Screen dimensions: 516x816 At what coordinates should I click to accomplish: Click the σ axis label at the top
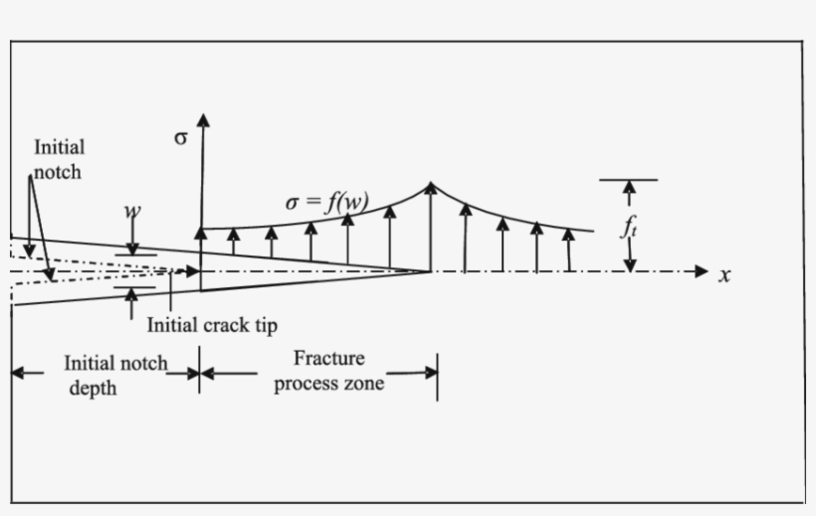point(180,138)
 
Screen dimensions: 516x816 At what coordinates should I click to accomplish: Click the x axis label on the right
point(724,275)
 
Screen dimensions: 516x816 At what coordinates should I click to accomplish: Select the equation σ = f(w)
point(326,203)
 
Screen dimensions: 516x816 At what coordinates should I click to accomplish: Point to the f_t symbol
point(629,228)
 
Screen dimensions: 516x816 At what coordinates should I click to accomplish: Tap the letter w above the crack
point(131,212)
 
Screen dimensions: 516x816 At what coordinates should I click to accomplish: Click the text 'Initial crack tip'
point(212,324)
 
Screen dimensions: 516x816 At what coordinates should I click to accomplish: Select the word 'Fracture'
point(330,359)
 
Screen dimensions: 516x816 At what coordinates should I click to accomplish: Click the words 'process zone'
point(329,384)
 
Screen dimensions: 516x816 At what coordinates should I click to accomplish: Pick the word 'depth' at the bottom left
point(93,388)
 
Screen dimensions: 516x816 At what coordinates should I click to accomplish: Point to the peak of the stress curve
point(431,184)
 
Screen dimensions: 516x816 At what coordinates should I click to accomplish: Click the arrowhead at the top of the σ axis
point(203,120)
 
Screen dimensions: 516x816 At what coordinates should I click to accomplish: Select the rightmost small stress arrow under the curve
point(568,249)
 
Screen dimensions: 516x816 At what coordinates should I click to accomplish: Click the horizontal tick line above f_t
point(628,180)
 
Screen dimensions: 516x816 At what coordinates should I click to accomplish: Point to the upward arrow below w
point(131,301)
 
